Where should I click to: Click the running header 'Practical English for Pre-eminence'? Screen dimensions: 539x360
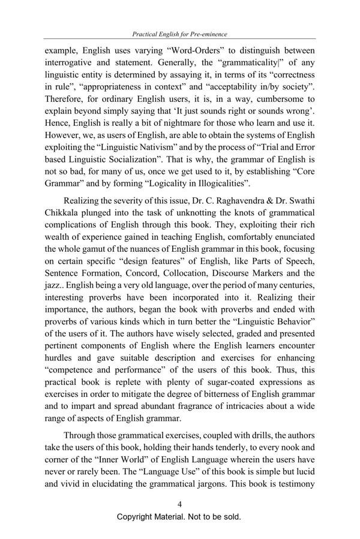[180, 35]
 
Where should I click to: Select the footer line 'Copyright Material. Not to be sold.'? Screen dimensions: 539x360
[179, 517]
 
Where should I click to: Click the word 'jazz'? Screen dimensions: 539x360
[55, 309]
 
